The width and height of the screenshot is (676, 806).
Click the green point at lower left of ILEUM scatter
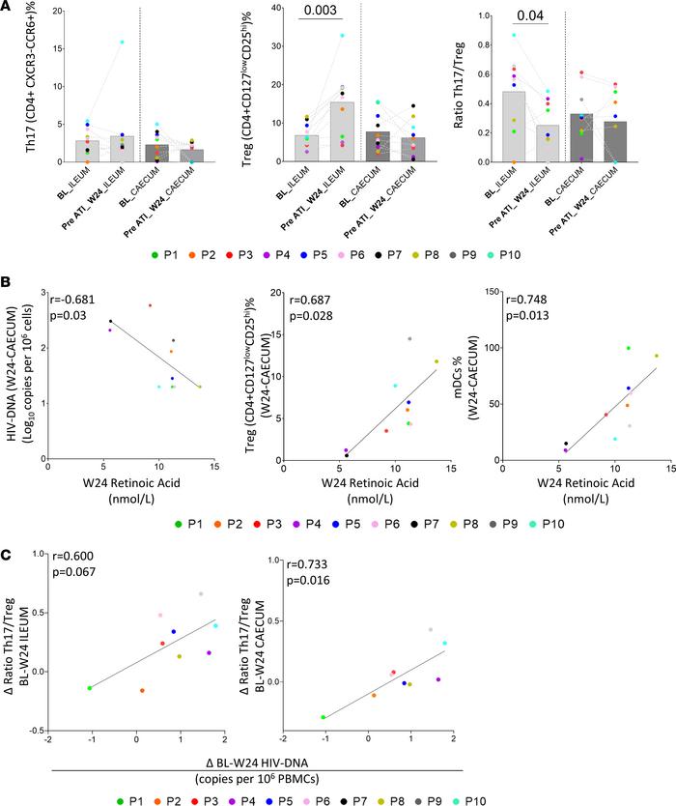(x=90, y=688)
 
